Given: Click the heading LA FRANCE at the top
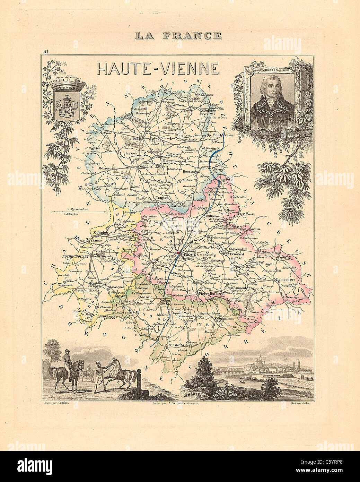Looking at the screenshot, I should point(178,35).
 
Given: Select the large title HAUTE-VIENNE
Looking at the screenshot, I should point(158,69).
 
